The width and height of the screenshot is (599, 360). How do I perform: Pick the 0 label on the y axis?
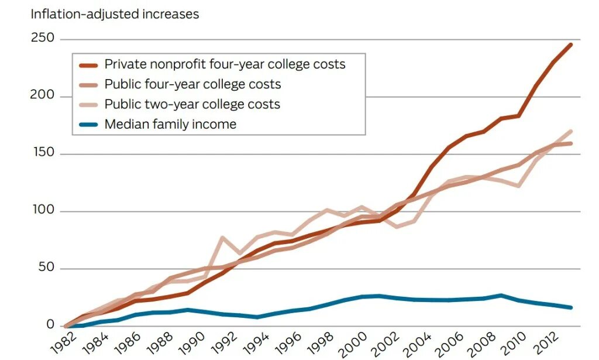tap(50, 325)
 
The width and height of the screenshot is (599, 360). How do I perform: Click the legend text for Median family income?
tap(170, 124)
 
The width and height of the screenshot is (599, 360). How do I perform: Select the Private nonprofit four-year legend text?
tap(225, 64)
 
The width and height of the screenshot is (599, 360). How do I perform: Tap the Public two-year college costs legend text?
tap(192, 104)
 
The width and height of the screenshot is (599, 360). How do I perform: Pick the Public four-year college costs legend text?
tap(192, 84)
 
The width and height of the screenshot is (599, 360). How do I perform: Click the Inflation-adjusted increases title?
tap(115, 14)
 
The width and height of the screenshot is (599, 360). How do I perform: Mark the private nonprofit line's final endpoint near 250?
tap(571, 44)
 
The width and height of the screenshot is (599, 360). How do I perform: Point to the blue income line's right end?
tap(571, 307)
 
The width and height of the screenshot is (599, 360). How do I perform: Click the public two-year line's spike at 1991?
tap(222, 238)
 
